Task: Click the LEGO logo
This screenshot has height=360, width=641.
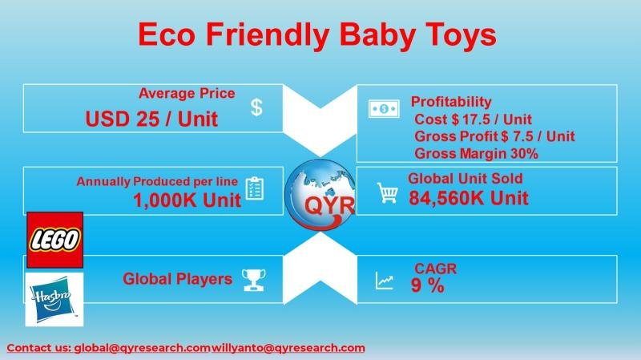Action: [x=54, y=240]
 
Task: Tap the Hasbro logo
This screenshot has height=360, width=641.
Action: [x=54, y=298]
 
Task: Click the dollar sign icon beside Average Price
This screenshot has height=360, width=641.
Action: [x=256, y=107]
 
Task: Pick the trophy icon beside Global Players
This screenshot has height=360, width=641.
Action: [x=254, y=279]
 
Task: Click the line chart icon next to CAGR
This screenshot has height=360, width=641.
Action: [x=385, y=281]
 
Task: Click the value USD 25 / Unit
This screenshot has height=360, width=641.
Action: [x=151, y=119]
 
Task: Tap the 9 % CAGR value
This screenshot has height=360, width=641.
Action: [x=428, y=285]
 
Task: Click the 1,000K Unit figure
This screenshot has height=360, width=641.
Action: [x=187, y=200]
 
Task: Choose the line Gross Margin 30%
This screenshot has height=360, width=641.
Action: [x=476, y=153]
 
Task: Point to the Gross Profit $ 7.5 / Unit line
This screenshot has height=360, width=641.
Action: [x=494, y=136]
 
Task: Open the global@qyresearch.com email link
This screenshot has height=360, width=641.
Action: [x=143, y=348]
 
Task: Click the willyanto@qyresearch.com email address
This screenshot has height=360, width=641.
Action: [x=288, y=348]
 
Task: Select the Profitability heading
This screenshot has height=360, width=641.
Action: [x=451, y=102]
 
